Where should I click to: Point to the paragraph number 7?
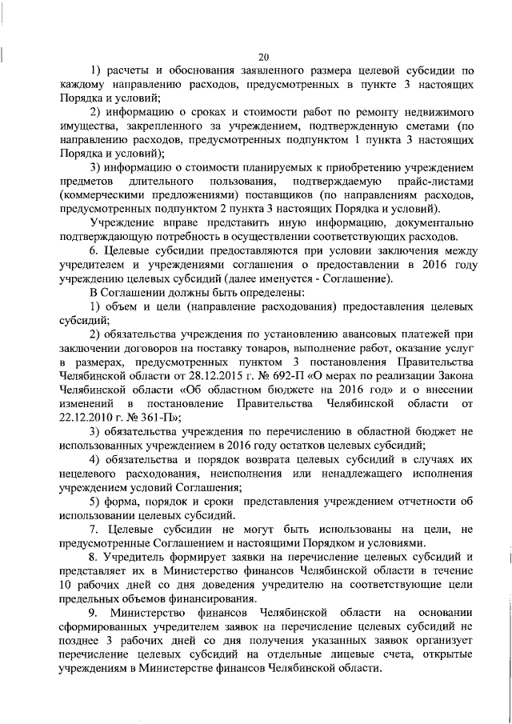tap(94, 530)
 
